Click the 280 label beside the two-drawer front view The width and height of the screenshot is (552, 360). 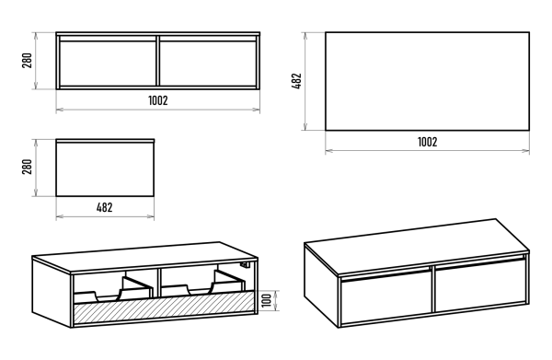click(x=27, y=60)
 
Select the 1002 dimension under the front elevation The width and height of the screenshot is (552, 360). click(x=158, y=100)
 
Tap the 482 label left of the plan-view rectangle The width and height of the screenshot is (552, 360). click(x=297, y=81)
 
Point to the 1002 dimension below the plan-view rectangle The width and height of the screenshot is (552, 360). click(x=428, y=142)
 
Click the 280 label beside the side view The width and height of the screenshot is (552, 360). click(x=27, y=167)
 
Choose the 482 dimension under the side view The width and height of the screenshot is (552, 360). click(x=105, y=207)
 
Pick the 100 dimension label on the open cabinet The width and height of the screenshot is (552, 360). click(x=267, y=300)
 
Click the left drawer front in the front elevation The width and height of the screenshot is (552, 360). click(x=108, y=64)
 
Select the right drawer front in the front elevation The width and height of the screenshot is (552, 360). click(x=208, y=64)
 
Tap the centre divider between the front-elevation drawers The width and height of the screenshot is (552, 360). click(x=157, y=61)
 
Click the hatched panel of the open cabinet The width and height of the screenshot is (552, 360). click(x=164, y=306)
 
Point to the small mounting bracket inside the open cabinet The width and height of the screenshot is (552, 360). click(x=245, y=264)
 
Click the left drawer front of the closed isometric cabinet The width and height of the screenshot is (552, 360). click(x=385, y=297)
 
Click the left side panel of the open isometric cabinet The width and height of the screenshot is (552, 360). click(x=52, y=292)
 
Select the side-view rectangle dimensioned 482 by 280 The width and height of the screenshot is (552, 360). click(x=105, y=168)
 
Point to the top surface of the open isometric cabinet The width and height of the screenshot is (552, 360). click(x=145, y=257)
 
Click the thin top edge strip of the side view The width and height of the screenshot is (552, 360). click(x=105, y=141)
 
